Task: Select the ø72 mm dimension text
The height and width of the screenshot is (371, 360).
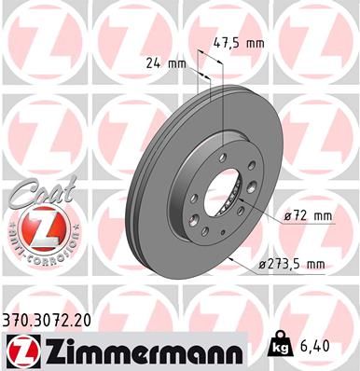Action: click(x=309, y=217)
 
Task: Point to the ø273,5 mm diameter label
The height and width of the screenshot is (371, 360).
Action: click(x=292, y=266)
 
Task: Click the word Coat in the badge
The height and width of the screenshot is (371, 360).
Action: click(x=32, y=194)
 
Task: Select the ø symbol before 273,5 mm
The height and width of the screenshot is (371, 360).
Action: click(x=263, y=266)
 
